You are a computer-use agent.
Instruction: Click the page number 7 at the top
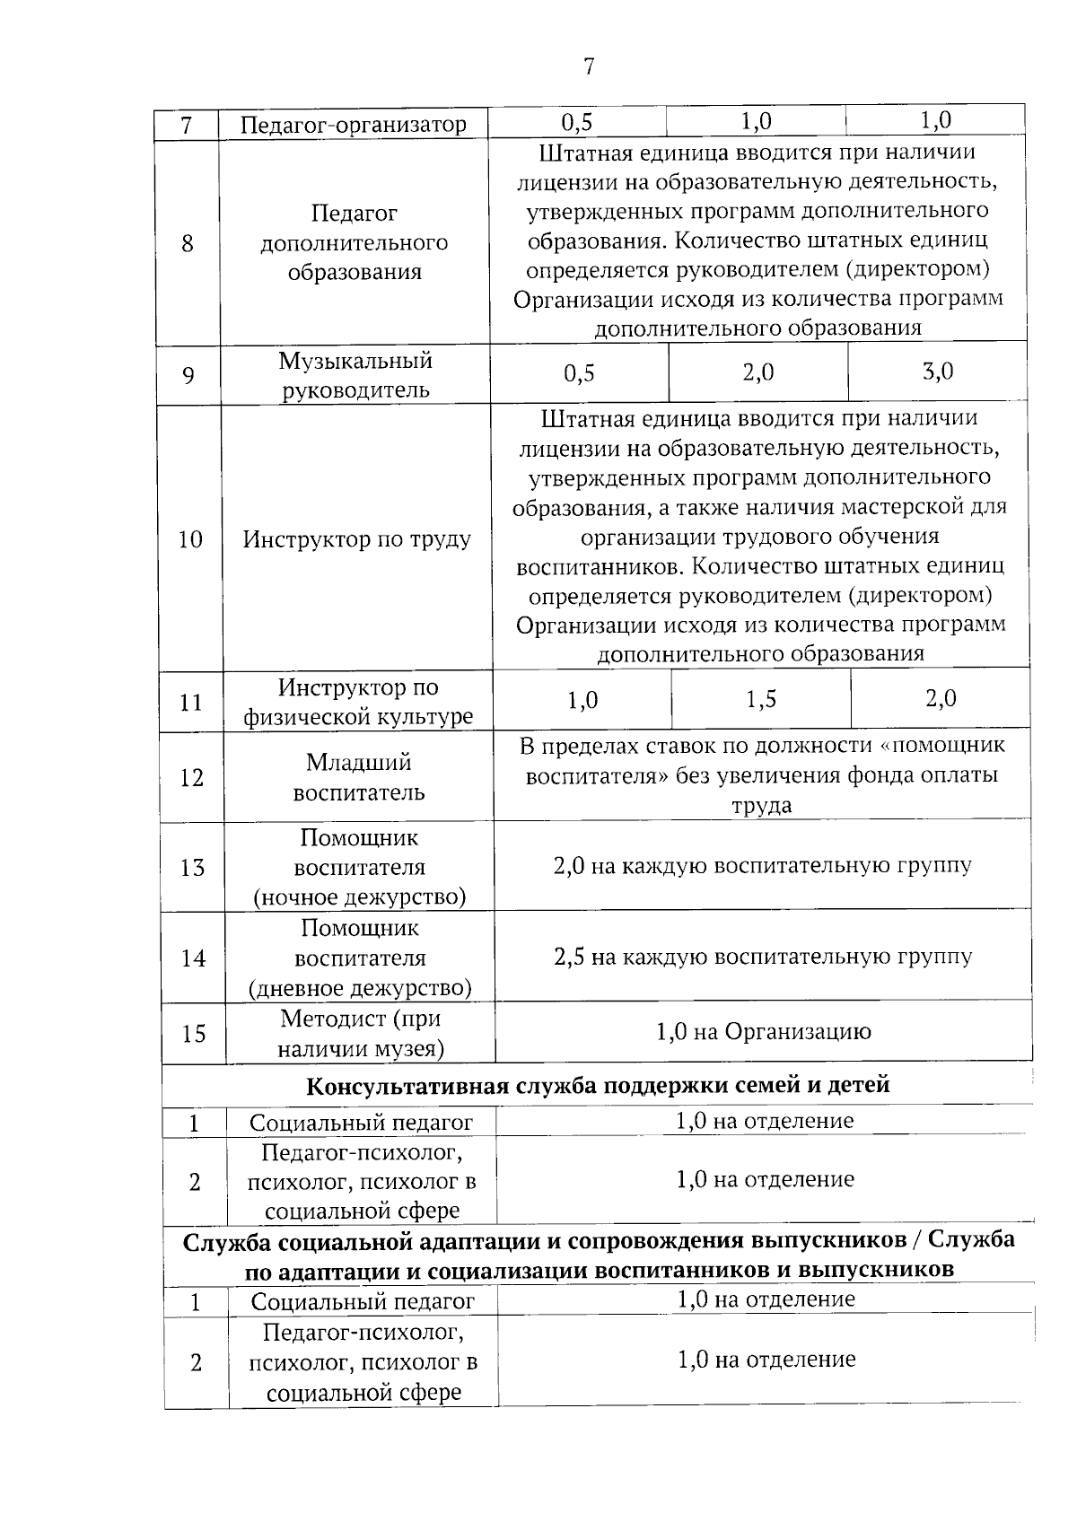pyautogui.click(x=589, y=66)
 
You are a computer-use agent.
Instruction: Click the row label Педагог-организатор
pyautogui.click(x=354, y=125)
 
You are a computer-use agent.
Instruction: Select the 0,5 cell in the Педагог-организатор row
pyautogui.click(x=577, y=121)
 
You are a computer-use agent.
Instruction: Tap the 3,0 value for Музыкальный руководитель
pyautogui.click(x=938, y=371)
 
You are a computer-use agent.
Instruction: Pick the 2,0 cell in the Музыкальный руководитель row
pyautogui.click(x=758, y=372)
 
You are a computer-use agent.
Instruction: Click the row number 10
pyautogui.click(x=190, y=539)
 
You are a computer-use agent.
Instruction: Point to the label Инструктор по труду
pyautogui.click(x=357, y=539)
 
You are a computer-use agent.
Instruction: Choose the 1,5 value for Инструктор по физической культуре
pyautogui.click(x=761, y=699)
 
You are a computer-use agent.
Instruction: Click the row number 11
pyautogui.click(x=191, y=702)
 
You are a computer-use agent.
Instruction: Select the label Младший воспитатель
pyautogui.click(x=359, y=777)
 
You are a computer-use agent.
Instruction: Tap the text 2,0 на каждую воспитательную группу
pyautogui.click(x=763, y=866)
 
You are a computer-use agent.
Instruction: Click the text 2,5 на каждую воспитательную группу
pyautogui.click(x=763, y=957)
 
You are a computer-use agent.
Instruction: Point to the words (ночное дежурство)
pyautogui.click(x=359, y=897)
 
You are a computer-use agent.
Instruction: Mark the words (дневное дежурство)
pyautogui.click(x=360, y=988)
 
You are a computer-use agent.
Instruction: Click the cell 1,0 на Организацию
pyautogui.click(x=764, y=1032)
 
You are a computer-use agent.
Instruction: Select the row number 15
pyautogui.click(x=194, y=1034)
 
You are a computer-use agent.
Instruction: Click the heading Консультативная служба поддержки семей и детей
pyautogui.click(x=598, y=1086)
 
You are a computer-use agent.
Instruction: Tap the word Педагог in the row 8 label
pyautogui.click(x=354, y=214)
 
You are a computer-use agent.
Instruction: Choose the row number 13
pyautogui.click(x=192, y=868)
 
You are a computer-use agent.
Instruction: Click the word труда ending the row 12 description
pyautogui.click(x=761, y=806)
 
